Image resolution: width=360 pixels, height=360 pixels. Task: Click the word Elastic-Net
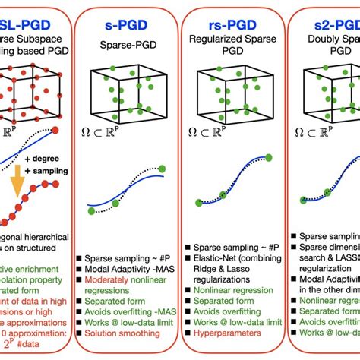coord(219,257)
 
